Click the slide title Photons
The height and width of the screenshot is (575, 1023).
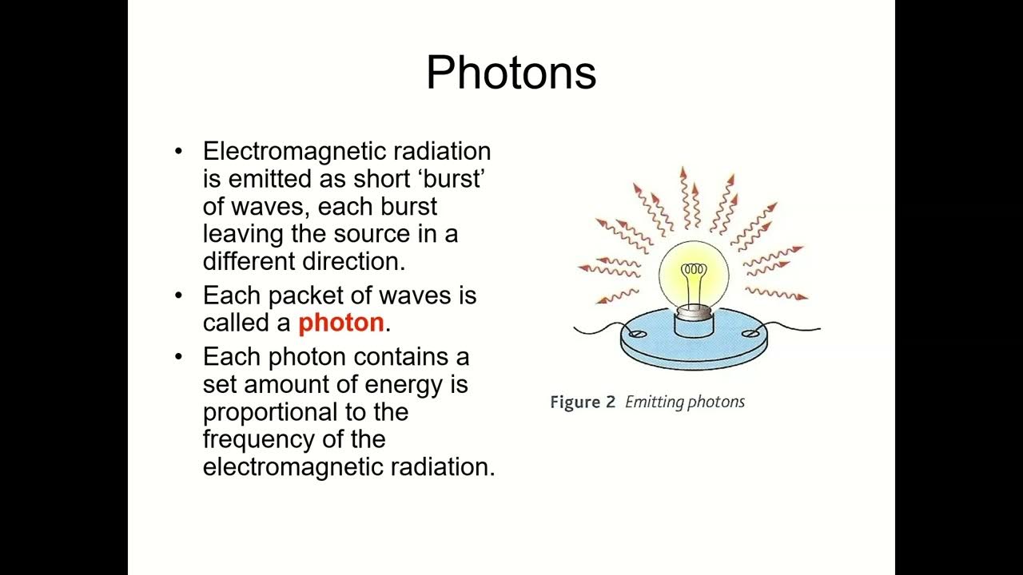[x=511, y=73]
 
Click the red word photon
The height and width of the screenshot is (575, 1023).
[x=341, y=323]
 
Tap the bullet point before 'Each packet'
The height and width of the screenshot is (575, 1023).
[x=179, y=295]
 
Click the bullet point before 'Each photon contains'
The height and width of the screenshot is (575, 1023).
[x=179, y=356]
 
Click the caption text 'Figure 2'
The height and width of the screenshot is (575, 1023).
[x=582, y=402]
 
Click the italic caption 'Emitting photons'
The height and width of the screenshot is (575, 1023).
[x=684, y=402]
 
